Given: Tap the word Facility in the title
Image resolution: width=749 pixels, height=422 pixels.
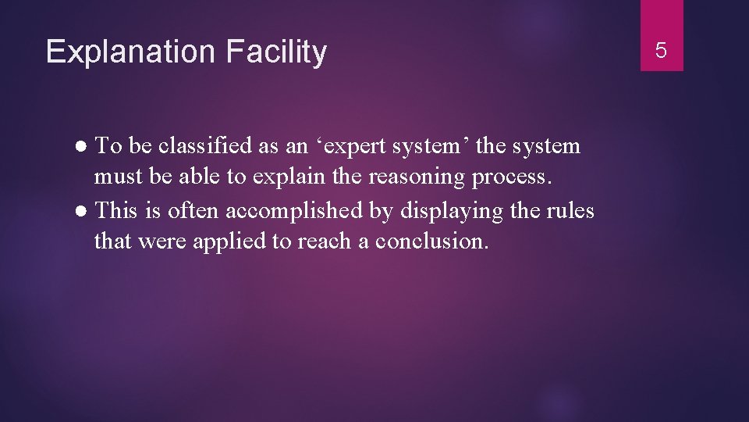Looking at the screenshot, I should click(276, 52).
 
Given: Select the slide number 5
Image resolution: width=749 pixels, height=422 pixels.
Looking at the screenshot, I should click(661, 52).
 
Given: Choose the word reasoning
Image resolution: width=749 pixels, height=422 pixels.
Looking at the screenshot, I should click(417, 178).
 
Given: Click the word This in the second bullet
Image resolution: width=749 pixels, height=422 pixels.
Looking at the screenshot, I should click(116, 211).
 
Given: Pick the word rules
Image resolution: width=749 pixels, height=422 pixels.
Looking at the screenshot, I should click(573, 211).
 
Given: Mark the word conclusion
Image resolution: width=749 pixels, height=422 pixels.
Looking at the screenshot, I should click(431, 242).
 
